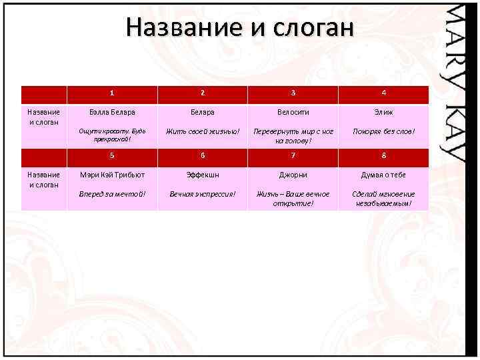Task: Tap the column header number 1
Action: point(112,93)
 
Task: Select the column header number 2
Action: point(203,93)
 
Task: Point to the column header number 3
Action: point(293,93)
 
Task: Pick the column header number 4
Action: point(383,93)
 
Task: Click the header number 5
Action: point(112,157)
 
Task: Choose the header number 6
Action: point(203,157)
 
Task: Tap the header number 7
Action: point(293,157)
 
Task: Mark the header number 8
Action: point(383,157)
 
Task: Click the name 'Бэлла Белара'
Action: point(112,113)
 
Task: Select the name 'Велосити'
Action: point(293,113)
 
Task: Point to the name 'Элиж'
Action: point(383,113)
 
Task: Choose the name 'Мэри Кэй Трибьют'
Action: point(112,175)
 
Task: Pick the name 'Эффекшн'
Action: point(203,175)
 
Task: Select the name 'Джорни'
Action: point(293,175)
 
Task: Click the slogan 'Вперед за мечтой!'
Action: point(112,194)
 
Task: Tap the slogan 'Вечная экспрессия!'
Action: point(203,194)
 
